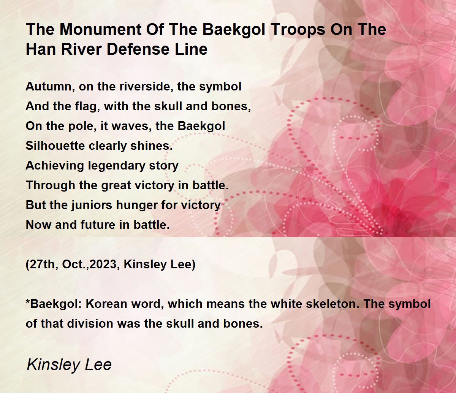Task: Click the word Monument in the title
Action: pyautogui.click(x=100, y=29)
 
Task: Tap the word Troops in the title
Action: pyautogui.click(x=298, y=29)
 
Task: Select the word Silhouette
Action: pyautogui.click(x=55, y=146)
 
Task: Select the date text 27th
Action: pyautogui.click(x=44, y=265)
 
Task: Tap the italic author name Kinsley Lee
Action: pyautogui.click(x=69, y=364)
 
